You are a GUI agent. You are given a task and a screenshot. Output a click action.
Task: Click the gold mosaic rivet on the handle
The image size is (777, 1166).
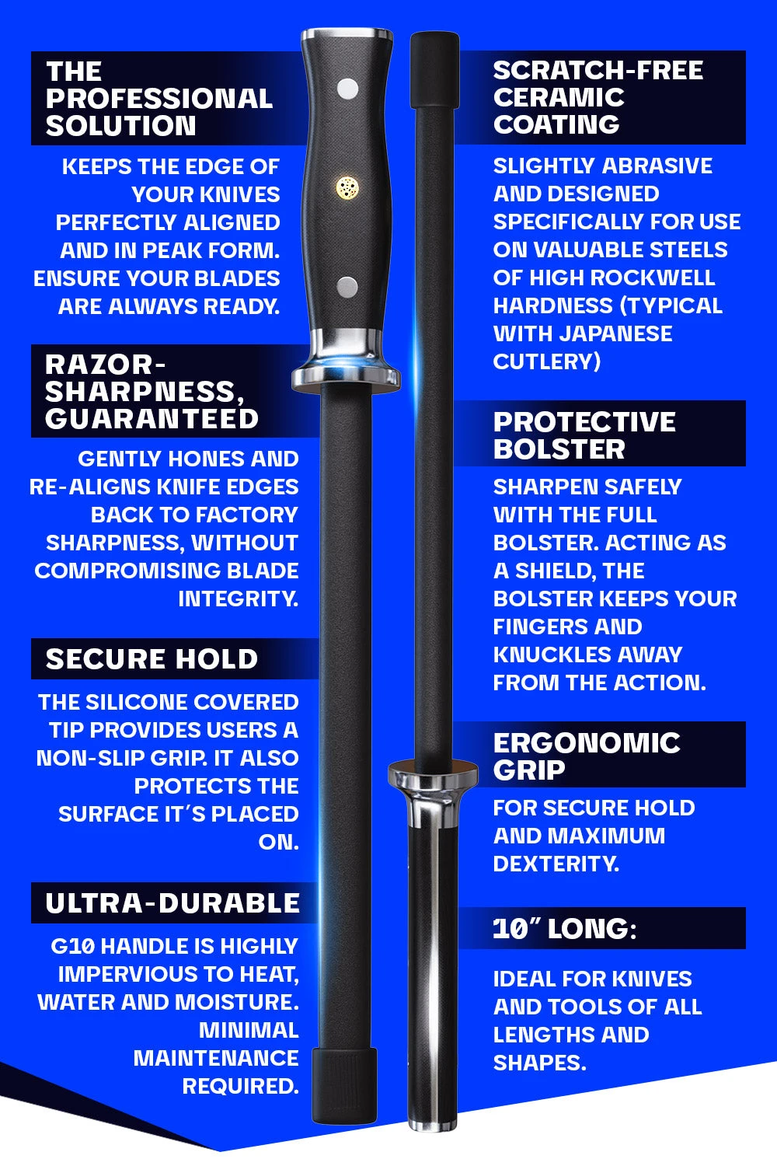coord(347,187)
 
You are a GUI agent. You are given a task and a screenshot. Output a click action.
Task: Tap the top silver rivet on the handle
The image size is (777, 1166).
coord(347,89)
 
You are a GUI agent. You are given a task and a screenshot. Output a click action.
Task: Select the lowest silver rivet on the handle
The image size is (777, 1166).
coord(347,287)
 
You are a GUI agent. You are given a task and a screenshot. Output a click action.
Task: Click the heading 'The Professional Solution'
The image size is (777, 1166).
coord(159,99)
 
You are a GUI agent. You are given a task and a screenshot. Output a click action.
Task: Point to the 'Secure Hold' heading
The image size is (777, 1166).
coord(152,659)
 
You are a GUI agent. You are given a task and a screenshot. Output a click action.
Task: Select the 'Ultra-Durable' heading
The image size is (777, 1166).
coord(172,903)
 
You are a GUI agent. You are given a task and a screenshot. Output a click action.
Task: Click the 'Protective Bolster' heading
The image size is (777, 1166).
coord(584,435)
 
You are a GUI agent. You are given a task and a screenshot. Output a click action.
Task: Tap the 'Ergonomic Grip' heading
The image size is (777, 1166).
coord(587,756)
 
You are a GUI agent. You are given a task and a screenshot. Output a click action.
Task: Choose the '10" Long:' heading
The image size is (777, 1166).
coord(564,929)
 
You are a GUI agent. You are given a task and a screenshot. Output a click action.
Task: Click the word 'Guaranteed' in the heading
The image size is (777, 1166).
coord(152,419)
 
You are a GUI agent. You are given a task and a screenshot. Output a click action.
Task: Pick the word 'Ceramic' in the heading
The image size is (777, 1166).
coord(559,97)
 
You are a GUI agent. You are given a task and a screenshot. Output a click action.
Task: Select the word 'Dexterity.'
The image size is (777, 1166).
coord(556,864)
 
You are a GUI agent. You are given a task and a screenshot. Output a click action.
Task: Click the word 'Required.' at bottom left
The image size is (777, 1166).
coord(240,1086)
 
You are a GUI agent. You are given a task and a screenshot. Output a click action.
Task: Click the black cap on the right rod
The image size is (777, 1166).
coord(434,70)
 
